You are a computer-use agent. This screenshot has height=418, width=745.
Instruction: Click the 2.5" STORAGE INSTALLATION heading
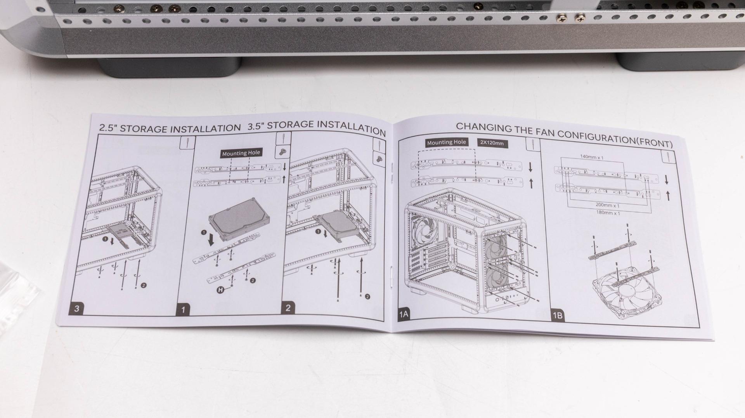[x=170, y=128]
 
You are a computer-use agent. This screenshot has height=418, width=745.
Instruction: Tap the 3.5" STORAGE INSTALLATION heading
[x=317, y=127]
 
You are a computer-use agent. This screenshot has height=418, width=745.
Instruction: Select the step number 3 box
[x=77, y=309]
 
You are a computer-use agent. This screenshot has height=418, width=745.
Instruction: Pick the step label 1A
[x=404, y=314]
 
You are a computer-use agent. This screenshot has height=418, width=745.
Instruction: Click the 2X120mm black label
[x=492, y=143]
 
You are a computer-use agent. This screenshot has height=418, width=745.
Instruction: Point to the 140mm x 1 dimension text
[x=592, y=157]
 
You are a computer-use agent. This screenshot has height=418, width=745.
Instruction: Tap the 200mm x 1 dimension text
[x=607, y=205]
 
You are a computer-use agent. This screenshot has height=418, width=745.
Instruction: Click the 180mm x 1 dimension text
[x=608, y=213]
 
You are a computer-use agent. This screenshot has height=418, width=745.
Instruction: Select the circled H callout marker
[x=220, y=290]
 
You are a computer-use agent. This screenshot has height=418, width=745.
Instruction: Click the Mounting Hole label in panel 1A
[x=446, y=142]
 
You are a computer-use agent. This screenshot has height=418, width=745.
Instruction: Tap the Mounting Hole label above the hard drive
[x=241, y=153]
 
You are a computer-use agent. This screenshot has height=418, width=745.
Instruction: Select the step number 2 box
[x=288, y=308]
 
